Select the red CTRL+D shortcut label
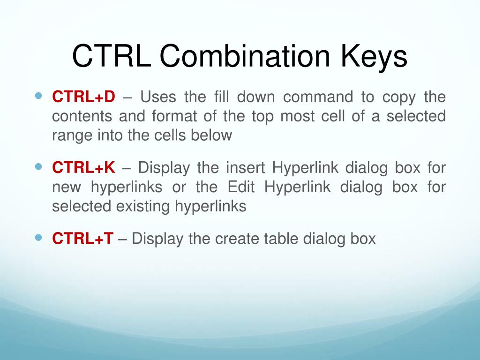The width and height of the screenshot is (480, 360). click(83, 97)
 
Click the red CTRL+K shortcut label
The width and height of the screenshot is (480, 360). click(83, 168)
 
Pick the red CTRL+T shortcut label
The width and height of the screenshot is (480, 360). click(82, 239)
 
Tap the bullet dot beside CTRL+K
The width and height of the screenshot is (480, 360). click(39, 166)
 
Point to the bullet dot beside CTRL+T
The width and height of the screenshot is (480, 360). click(39, 237)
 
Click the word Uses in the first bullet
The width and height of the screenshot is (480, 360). click(157, 97)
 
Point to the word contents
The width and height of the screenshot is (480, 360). click(81, 116)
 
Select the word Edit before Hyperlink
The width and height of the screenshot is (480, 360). click(241, 187)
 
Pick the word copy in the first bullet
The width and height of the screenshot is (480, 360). click(399, 97)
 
